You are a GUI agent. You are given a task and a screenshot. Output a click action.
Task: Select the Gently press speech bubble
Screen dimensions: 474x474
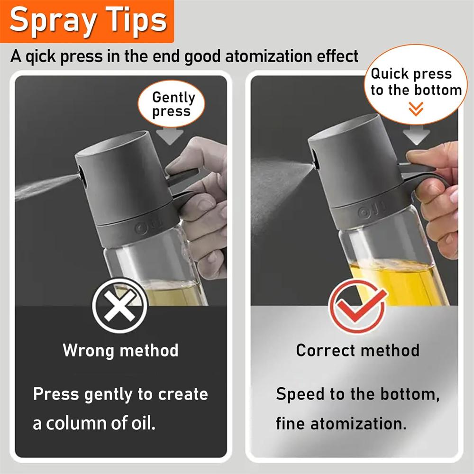[173, 104]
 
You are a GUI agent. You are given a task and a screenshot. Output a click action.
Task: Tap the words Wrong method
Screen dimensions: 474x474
[120, 351]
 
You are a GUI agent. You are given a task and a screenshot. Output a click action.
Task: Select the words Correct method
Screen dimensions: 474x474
[357, 351]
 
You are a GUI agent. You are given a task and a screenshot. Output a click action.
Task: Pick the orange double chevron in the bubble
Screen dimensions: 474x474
[416, 110]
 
